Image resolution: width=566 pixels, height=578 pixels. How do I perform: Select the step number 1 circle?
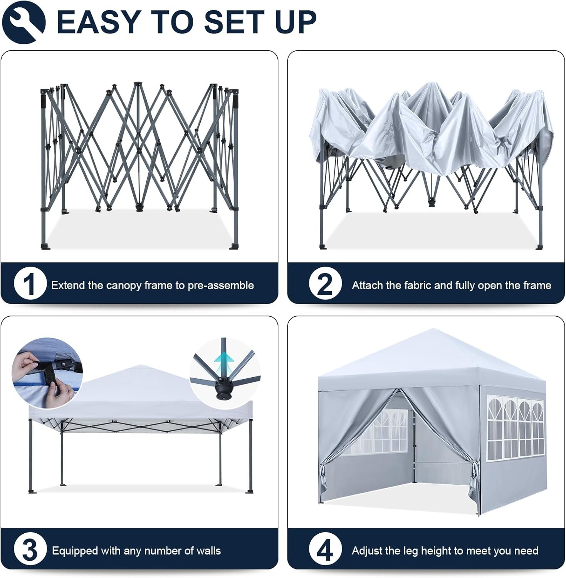(x=30, y=285)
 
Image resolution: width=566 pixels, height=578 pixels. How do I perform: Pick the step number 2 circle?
(x=325, y=285)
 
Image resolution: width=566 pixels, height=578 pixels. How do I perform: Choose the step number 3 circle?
(x=30, y=550)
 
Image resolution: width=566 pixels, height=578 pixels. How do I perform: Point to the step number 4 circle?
(x=325, y=550)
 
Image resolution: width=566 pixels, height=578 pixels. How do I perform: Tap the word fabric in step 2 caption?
(x=417, y=285)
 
